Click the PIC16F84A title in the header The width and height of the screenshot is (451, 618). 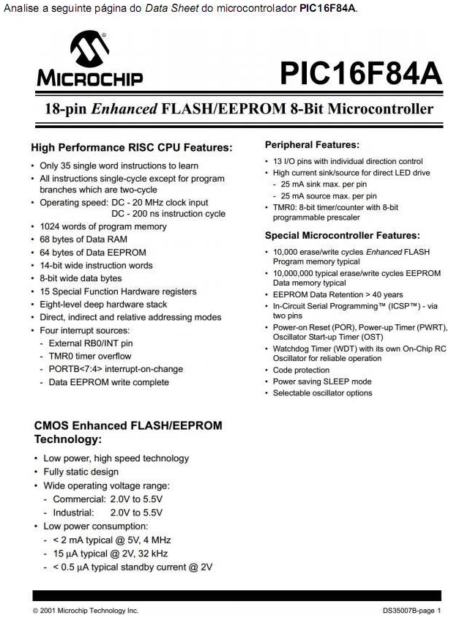pyautogui.click(x=360, y=74)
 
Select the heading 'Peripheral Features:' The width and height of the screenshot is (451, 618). pyautogui.click(x=312, y=145)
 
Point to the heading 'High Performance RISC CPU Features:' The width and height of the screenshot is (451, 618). pyautogui.click(x=132, y=148)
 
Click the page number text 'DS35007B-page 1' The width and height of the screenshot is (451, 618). pyautogui.click(x=411, y=610)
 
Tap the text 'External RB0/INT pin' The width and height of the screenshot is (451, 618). pyautogui.click(x=91, y=343)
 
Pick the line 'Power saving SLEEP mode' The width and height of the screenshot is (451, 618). pyautogui.click(x=322, y=381)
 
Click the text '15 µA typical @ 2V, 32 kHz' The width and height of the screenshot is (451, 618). pyautogui.click(x=116, y=553)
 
